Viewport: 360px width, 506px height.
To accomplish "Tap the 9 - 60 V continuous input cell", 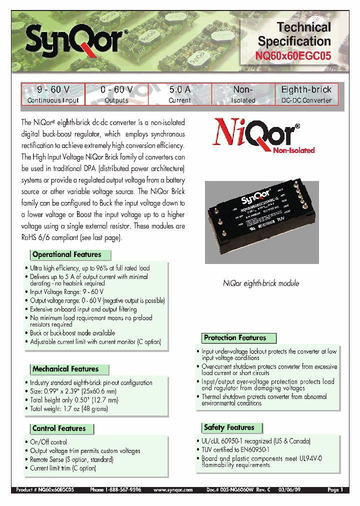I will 53,94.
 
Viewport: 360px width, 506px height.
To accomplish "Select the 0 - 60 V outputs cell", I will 116,94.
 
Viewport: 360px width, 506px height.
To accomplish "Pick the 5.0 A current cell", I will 179,94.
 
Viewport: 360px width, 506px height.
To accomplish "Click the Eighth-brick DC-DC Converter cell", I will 306,94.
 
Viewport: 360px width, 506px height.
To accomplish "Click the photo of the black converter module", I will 261,222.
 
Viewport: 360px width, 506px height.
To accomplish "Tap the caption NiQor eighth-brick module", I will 260,283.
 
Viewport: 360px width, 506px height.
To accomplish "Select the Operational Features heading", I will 66,254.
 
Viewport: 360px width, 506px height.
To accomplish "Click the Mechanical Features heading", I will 65,369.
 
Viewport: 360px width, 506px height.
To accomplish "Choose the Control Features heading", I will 59,428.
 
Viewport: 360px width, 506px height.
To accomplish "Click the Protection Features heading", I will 235,338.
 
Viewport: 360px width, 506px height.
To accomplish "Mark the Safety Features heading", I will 229,427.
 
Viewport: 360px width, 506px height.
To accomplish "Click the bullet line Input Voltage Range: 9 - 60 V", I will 66,292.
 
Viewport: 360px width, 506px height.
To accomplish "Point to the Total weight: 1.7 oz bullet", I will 69,408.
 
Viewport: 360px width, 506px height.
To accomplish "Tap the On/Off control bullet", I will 48,442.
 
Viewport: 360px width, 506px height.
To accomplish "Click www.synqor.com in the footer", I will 172,490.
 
